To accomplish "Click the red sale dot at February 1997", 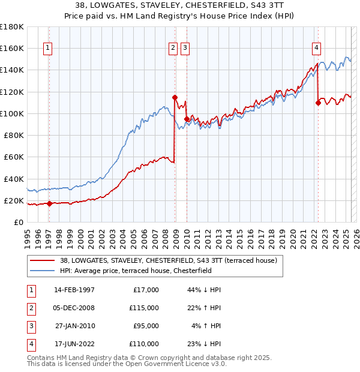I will [49, 203].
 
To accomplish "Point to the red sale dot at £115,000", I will [175, 97].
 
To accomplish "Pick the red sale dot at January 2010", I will [187, 119].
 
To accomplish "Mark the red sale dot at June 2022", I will [318, 103].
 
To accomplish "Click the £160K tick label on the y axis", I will [13, 48].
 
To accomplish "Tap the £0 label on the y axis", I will [19, 223].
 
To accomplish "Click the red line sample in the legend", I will [41, 261].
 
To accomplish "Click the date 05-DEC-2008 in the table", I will [74, 308].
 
